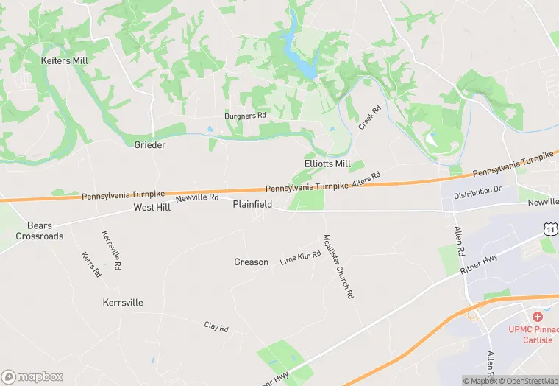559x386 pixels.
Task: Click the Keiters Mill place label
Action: pos(65,60)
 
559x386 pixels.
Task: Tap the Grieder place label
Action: pos(150,144)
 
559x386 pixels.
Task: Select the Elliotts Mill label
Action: pos(327,164)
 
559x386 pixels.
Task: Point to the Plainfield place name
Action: pos(253,204)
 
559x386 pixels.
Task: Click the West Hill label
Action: pos(152,208)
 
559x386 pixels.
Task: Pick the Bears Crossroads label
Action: pos(40,231)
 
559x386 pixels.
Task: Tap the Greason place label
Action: pos(251,262)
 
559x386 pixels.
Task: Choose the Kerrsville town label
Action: pos(123,303)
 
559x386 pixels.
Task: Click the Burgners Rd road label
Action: pos(245,116)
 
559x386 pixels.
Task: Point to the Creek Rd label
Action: pos(369,118)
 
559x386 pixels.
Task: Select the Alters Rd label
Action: pos(366,180)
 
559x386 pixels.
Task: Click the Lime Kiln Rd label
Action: pos(300,258)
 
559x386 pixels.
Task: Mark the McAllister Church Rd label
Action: pos(338,266)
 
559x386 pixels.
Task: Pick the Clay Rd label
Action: pos(216,327)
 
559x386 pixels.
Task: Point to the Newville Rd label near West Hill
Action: pos(197,197)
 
